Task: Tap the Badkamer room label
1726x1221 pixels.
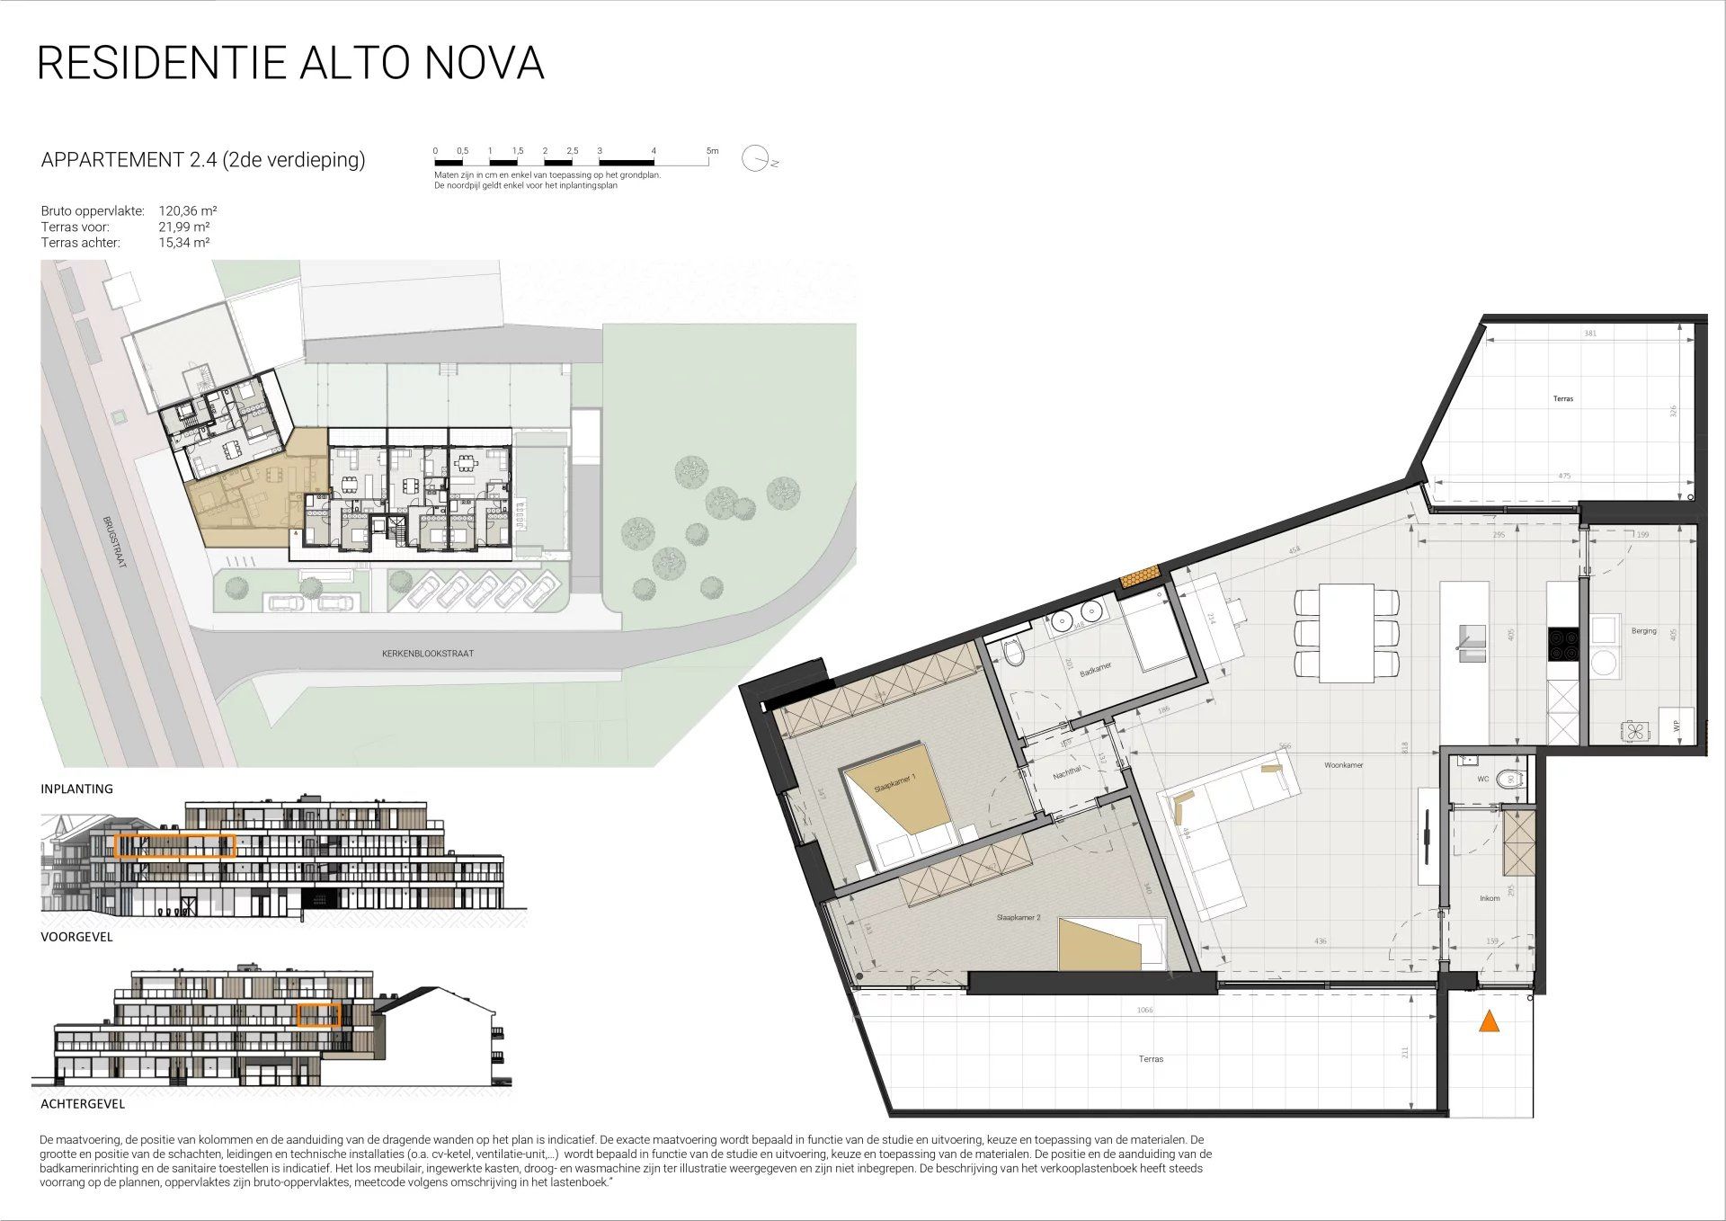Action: point(1096,671)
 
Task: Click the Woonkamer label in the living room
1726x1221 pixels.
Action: point(1343,765)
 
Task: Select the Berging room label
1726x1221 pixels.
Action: point(1643,631)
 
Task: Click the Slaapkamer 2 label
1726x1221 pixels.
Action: point(1018,918)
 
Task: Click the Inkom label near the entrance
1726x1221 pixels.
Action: point(1490,898)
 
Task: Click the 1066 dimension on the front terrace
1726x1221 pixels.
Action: point(1143,1011)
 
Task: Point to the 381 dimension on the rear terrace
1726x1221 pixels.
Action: point(1589,334)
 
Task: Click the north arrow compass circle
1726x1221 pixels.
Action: point(755,158)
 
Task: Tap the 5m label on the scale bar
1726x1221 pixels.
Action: point(712,151)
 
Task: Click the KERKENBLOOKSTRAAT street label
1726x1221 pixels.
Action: point(427,654)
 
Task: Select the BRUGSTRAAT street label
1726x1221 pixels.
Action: point(113,541)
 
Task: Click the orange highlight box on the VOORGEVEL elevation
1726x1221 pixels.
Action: point(174,846)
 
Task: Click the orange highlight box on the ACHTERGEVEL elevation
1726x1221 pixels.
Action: point(318,1015)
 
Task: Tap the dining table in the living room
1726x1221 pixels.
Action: point(1346,632)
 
